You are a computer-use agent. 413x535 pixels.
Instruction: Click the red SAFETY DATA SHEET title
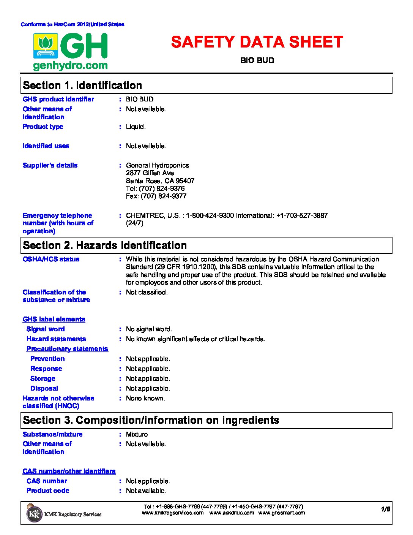(x=257, y=42)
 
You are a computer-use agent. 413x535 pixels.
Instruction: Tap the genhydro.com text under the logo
(x=70, y=66)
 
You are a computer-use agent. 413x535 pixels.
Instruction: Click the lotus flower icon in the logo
(x=46, y=44)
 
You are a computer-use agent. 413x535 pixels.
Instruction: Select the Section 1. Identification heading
(x=82, y=85)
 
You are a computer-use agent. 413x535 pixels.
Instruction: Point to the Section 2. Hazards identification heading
(x=105, y=245)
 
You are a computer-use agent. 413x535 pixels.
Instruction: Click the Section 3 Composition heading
(x=151, y=420)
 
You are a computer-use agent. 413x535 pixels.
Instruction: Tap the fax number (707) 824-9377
(x=156, y=196)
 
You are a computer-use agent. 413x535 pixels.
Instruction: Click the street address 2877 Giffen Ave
(x=150, y=173)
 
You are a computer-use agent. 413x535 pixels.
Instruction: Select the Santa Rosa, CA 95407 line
(x=160, y=181)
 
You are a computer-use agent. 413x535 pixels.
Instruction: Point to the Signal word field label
(x=46, y=329)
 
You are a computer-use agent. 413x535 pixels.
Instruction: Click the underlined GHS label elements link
(x=54, y=319)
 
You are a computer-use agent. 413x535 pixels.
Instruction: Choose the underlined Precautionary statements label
(x=67, y=349)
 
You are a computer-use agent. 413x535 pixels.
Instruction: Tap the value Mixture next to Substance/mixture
(x=137, y=434)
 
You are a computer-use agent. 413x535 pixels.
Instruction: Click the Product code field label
(x=48, y=491)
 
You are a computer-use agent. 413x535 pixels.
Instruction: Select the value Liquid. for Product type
(x=136, y=127)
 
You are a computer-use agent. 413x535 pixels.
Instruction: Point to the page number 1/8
(x=386, y=509)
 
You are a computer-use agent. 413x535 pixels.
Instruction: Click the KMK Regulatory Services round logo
(x=34, y=514)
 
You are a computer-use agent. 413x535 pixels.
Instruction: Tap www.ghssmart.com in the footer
(x=281, y=513)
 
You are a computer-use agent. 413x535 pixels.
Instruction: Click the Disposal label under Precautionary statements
(x=44, y=388)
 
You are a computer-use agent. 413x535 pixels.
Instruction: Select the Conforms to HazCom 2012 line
(x=73, y=24)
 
